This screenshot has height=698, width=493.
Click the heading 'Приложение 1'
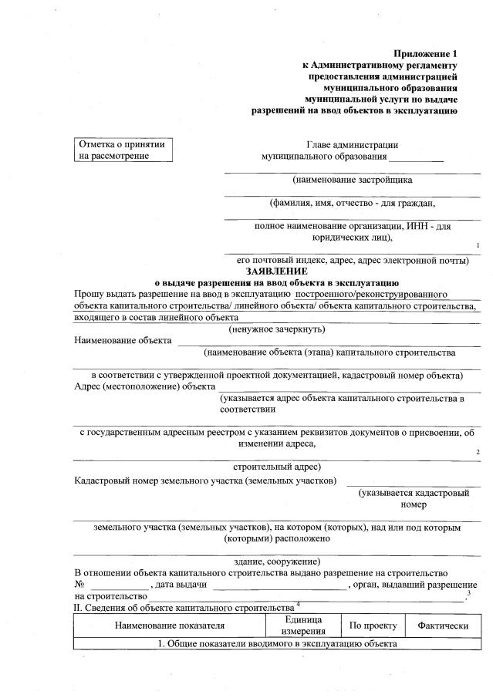(x=425, y=53)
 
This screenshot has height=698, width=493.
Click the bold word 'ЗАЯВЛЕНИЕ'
(x=276, y=271)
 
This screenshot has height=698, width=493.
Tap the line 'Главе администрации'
(x=352, y=143)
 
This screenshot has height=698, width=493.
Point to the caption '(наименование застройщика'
(x=352, y=180)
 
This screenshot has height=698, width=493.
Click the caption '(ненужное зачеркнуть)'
(x=276, y=329)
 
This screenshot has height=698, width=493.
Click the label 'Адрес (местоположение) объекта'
(x=144, y=386)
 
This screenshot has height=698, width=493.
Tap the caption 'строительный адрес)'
(x=276, y=467)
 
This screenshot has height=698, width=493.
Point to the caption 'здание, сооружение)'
(x=276, y=560)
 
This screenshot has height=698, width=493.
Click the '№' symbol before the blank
(x=79, y=585)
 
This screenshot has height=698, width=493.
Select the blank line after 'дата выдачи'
(x=279, y=588)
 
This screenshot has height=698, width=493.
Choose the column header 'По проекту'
(x=373, y=626)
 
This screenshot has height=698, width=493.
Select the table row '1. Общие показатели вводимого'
(x=276, y=644)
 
